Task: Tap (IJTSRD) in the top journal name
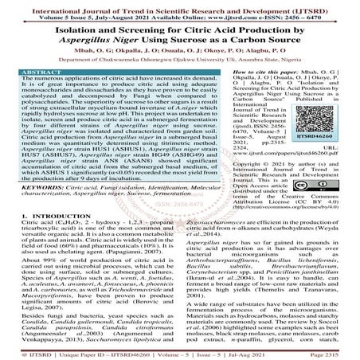[319, 5]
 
